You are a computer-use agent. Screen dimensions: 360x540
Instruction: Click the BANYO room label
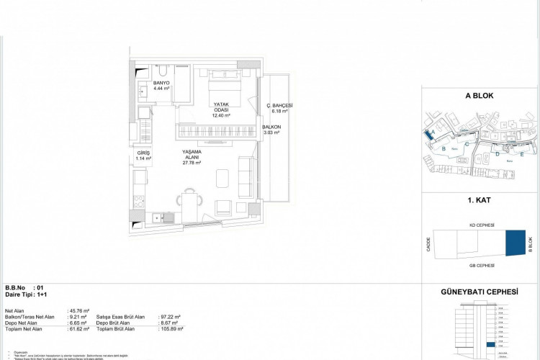click(x=161, y=84)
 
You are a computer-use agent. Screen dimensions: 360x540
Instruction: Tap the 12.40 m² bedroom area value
click(x=221, y=115)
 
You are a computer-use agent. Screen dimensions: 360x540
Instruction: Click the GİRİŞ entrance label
click(x=144, y=153)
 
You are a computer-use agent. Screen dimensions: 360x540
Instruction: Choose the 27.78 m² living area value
click(x=192, y=163)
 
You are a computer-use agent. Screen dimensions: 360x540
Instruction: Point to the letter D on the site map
click(x=498, y=153)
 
